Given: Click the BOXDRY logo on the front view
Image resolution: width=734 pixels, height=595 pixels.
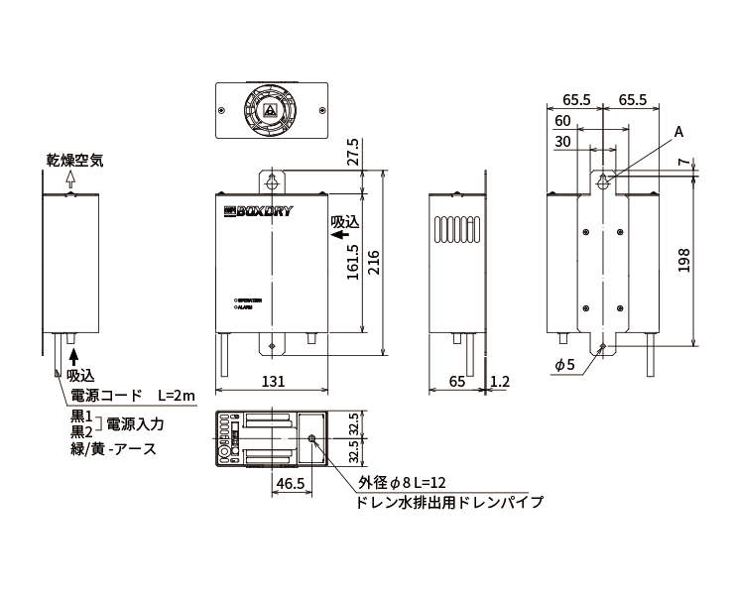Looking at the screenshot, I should click(x=256, y=211).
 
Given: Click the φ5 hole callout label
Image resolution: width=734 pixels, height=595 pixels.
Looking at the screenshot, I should click(x=564, y=365).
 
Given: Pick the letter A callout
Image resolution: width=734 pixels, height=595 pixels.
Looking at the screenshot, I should click(x=678, y=132).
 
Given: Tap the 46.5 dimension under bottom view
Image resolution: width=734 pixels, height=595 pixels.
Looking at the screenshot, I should click(x=290, y=485).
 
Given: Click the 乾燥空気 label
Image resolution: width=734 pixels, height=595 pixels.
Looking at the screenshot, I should click(x=73, y=159).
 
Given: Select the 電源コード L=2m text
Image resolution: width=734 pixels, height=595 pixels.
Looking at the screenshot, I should click(x=133, y=396).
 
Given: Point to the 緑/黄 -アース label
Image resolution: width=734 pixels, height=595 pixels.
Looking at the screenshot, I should click(x=113, y=448).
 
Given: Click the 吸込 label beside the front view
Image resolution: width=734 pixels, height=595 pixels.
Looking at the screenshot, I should click(x=343, y=220).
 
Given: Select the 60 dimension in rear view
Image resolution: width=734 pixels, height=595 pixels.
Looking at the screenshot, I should click(x=562, y=120).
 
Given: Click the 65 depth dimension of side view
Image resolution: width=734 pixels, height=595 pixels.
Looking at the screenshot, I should click(x=456, y=381).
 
